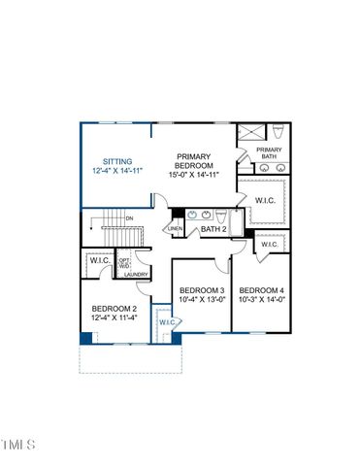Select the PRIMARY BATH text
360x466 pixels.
click(x=269, y=152)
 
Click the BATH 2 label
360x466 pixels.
click(x=213, y=229)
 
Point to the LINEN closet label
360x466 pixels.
click(x=176, y=229)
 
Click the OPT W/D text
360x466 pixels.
click(x=124, y=262)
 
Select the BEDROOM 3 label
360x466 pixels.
click(x=202, y=291)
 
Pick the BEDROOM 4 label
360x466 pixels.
click(x=262, y=291)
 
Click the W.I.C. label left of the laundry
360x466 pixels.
click(x=100, y=260)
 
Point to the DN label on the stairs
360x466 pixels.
click(x=128, y=219)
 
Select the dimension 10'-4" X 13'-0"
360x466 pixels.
click(x=202, y=301)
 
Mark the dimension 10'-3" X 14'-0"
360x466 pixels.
click(x=262, y=301)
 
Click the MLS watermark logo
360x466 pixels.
click(x=18, y=445)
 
